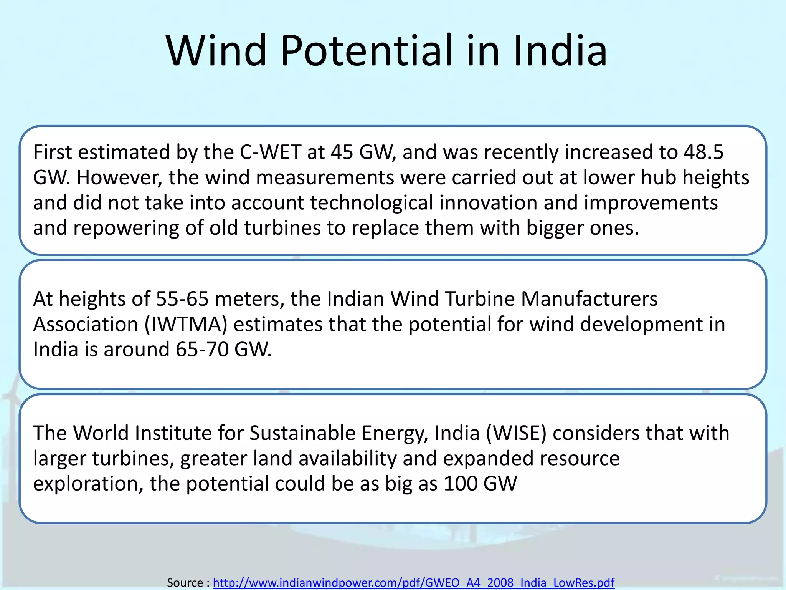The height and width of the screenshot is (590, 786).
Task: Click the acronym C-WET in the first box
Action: tap(270, 152)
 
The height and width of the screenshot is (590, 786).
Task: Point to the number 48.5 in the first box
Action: tap(703, 152)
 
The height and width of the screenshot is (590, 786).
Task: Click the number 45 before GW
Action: tap(342, 152)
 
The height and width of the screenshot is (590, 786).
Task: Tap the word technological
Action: tap(372, 203)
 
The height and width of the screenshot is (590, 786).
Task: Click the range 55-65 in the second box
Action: tap(182, 299)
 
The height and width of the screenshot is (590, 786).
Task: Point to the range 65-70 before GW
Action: tap(202, 350)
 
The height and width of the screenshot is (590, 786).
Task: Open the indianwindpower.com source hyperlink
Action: tap(413, 582)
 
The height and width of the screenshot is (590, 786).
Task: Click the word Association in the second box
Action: tap(85, 324)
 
